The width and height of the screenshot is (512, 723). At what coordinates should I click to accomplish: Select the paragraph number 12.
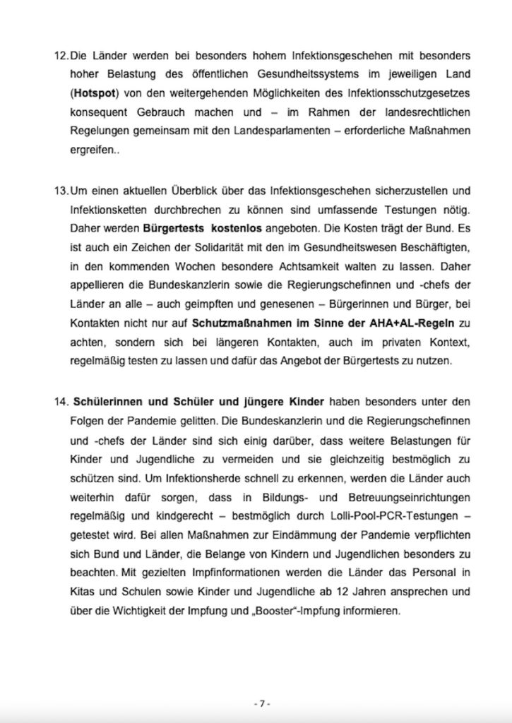click(x=60, y=55)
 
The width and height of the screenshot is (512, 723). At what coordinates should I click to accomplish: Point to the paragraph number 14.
click(x=60, y=402)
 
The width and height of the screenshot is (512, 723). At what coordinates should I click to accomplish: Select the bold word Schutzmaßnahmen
click(x=228, y=324)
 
